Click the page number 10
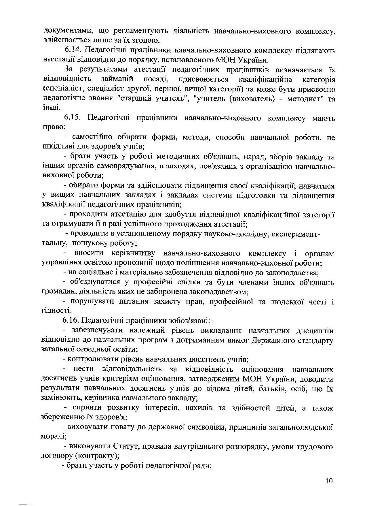[x=329, y=481]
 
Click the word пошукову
[x=89, y=243]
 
